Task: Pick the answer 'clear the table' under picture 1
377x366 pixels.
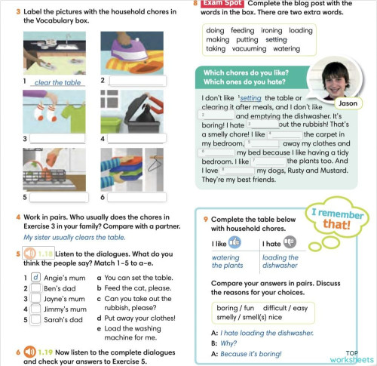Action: [x=58, y=82]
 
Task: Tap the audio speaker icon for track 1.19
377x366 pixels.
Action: [x=29, y=351]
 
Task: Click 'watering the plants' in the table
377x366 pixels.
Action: [x=225, y=261]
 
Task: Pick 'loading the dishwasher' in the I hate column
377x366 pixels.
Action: [x=280, y=261]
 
